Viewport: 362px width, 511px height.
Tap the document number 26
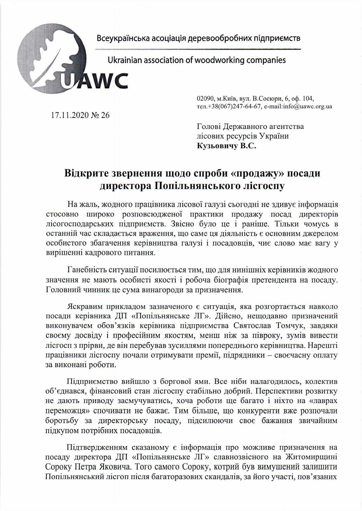(x=105, y=115)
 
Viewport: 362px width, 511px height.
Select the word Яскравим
(x=85, y=307)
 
